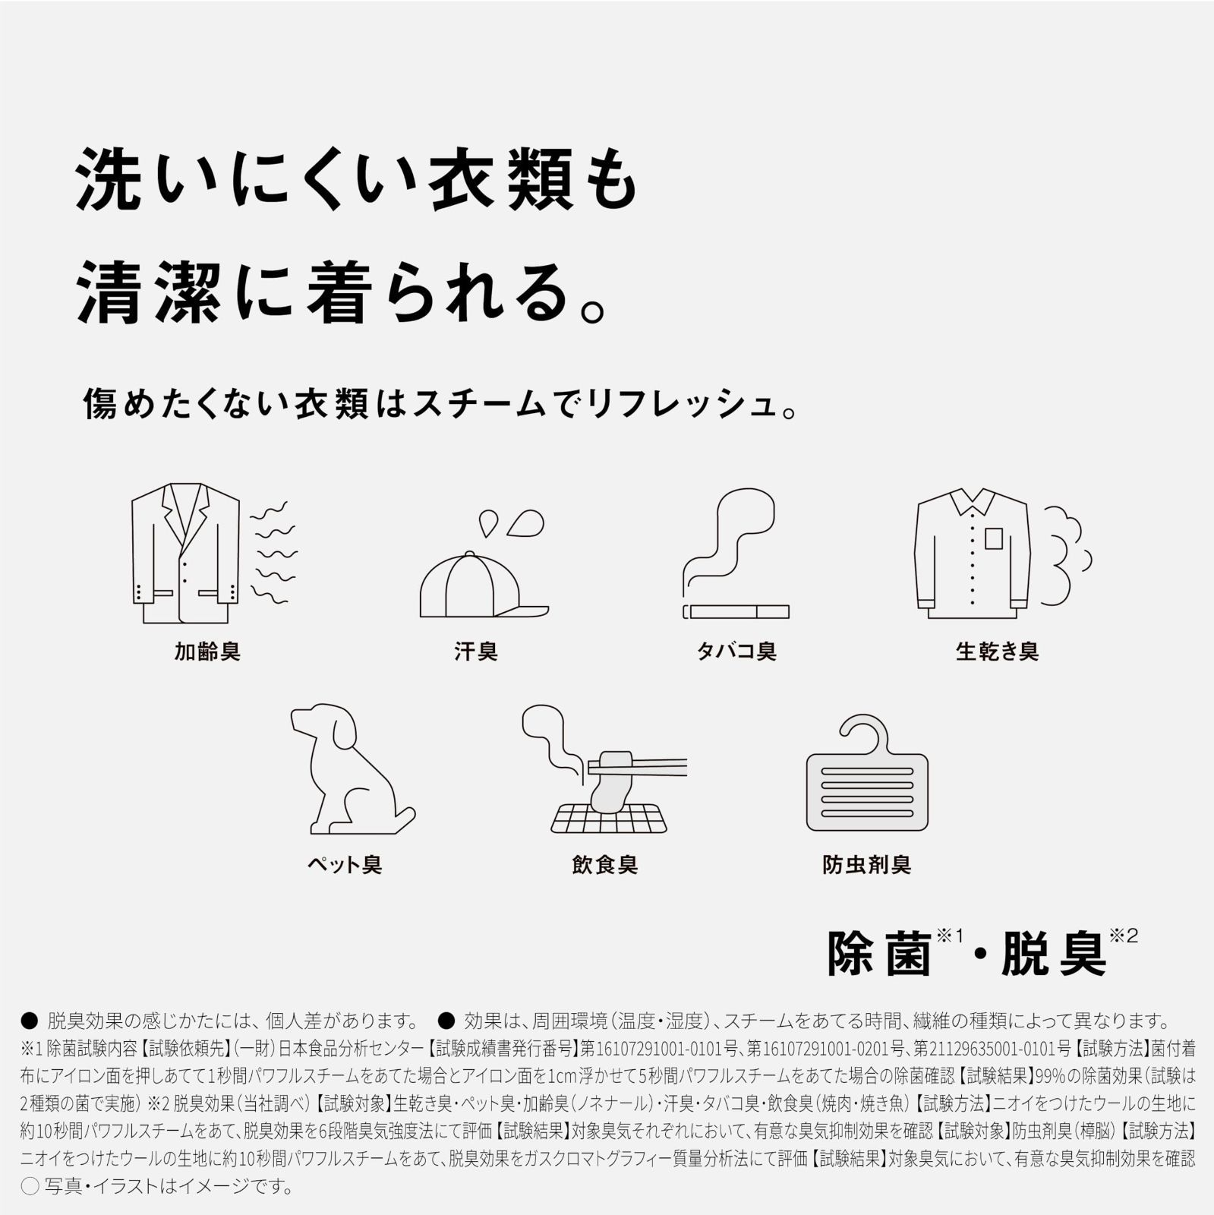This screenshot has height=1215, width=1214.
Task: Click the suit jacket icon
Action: click(x=184, y=551)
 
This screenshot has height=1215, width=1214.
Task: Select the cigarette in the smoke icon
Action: click(x=736, y=611)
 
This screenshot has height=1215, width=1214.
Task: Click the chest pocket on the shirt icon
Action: click(x=994, y=538)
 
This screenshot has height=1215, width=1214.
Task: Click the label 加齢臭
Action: click(x=207, y=652)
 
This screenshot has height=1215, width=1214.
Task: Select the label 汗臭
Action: click(x=475, y=652)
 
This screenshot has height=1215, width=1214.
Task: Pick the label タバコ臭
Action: click(x=736, y=652)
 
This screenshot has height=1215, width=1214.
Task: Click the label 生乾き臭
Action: click(x=996, y=652)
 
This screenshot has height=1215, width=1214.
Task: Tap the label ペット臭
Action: click(x=344, y=864)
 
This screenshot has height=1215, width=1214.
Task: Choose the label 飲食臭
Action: click(x=604, y=864)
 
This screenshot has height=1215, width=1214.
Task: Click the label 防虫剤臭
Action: click(x=866, y=864)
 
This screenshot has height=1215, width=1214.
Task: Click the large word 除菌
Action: click(x=879, y=954)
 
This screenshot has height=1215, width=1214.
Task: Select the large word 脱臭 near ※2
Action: click(x=1054, y=954)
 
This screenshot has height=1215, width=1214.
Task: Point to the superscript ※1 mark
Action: click(x=950, y=936)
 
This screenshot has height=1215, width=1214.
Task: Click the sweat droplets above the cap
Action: click(x=512, y=522)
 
